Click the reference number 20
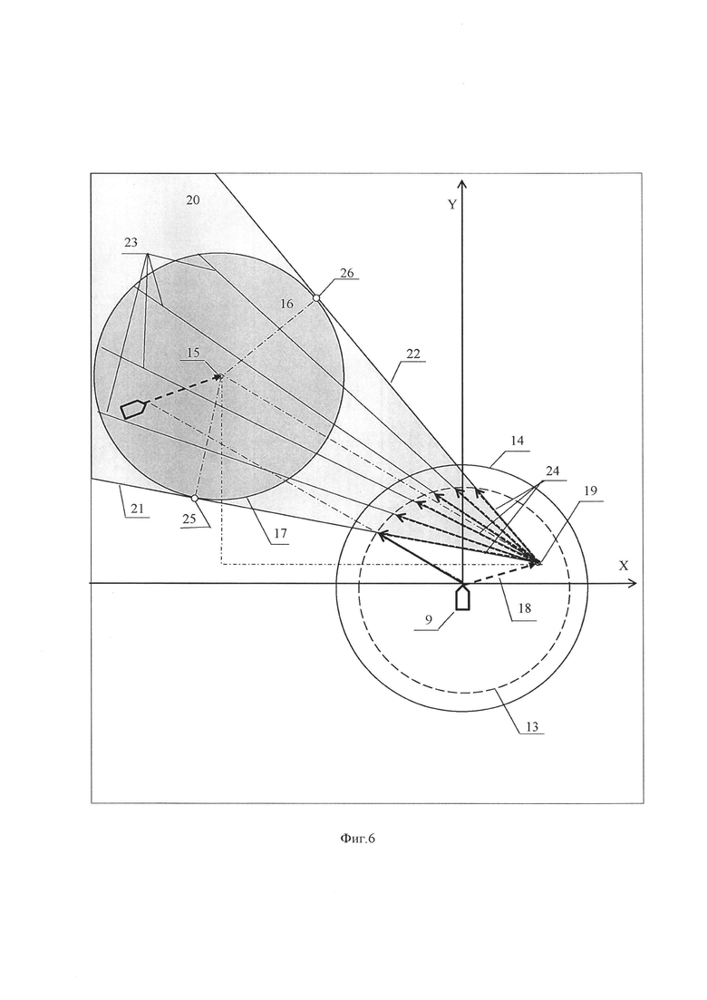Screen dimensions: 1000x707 (x=193, y=199)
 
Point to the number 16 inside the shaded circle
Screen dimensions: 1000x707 (x=286, y=305)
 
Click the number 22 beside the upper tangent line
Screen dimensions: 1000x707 (x=412, y=354)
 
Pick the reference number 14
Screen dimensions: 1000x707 (x=518, y=439)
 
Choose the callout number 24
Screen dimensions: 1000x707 (x=553, y=471)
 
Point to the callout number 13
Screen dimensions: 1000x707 (x=532, y=726)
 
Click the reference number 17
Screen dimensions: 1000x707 (x=279, y=535)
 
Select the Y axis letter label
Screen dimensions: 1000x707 (x=451, y=205)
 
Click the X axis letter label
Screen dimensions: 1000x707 (x=623, y=565)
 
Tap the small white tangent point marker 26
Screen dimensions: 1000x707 (x=316, y=298)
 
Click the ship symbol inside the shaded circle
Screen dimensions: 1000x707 (x=133, y=409)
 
